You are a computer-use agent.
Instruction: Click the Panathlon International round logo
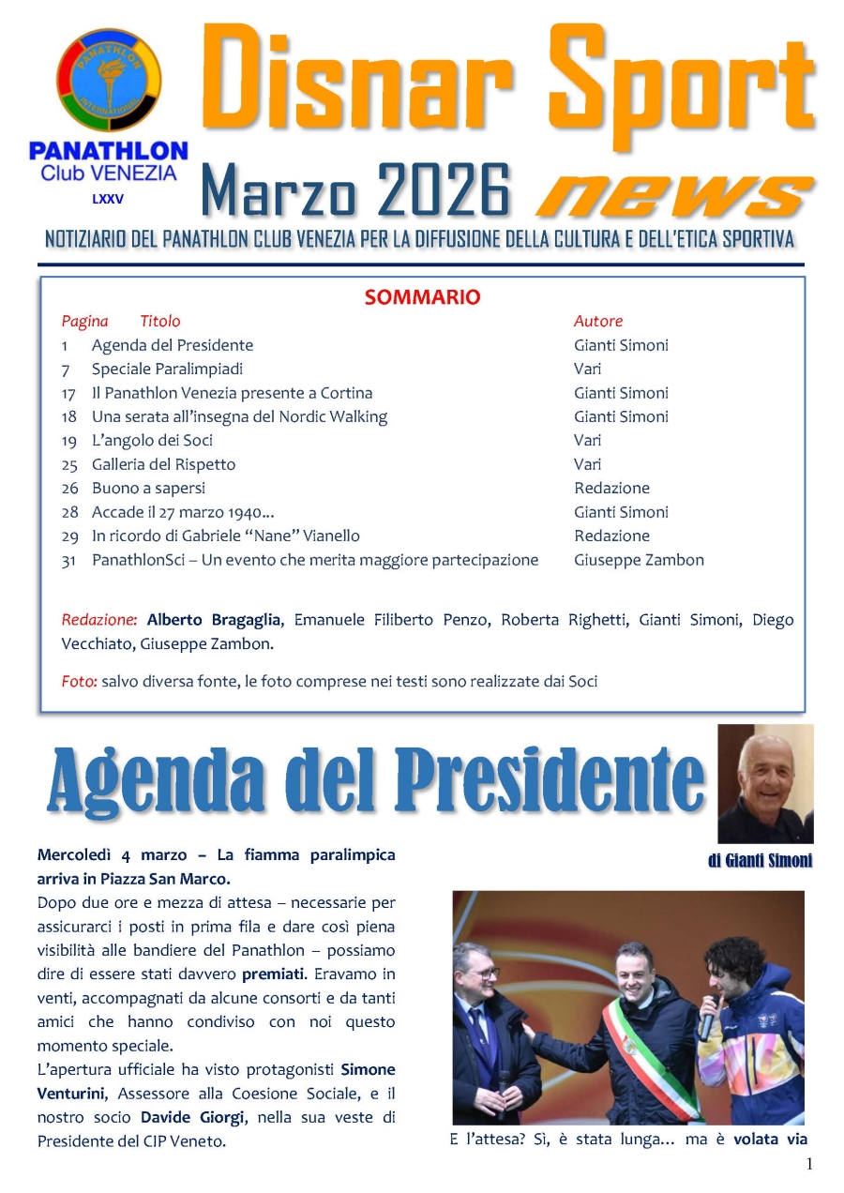coord(109,81)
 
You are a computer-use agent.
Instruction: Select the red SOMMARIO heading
coord(422,297)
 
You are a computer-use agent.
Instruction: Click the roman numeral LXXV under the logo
coord(107,199)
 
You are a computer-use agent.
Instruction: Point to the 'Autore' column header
coord(598,321)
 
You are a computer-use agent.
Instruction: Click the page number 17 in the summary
coord(69,393)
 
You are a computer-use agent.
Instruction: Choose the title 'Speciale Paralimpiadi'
coord(167,369)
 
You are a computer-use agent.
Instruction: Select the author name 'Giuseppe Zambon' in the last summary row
coord(639,560)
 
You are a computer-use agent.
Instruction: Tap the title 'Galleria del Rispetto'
coord(163,464)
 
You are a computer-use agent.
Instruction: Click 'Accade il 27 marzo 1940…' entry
coord(183,512)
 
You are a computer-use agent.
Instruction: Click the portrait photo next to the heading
coord(765,784)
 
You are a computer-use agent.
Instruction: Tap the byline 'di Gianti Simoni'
coord(760,861)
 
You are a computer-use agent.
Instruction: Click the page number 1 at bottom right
coord(809,1164)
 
